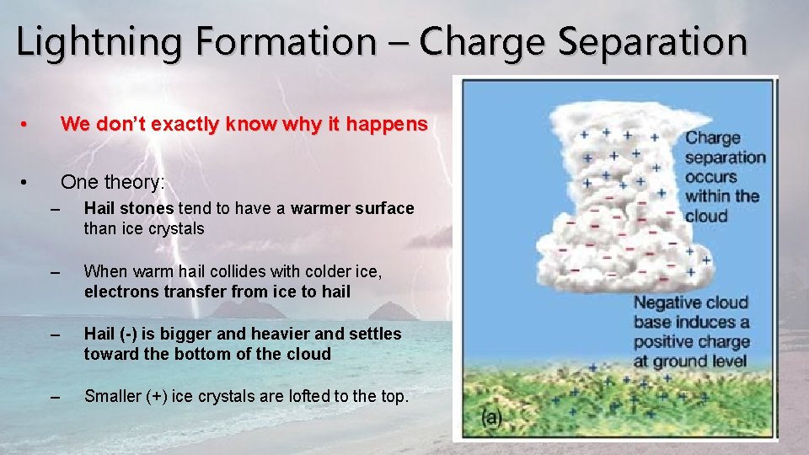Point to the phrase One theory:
(x=113, y=183)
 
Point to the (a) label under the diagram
(x=493, y=417)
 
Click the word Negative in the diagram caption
(x=668, y=303)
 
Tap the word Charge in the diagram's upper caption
(x=712, y=138)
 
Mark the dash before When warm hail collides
(x=56, y=272)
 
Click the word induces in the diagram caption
(x=698, y=323)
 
